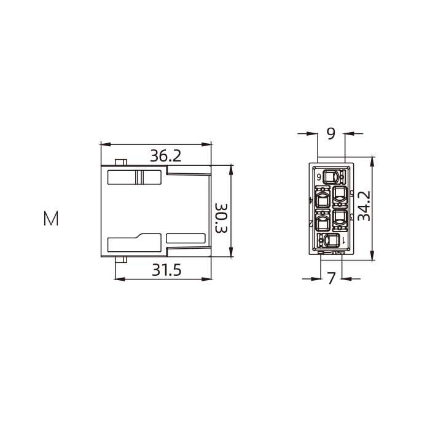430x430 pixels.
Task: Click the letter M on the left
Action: click(x=51, y=219)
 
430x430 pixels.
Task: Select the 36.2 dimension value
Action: click(x=166, y=156)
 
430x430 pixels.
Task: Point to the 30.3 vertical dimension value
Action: click(x=221, y=218)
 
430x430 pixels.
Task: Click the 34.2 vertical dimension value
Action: click(x=364, y=206)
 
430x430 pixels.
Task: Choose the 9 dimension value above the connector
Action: click(x=331, y=133)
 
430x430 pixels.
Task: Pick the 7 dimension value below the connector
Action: click(x=331, y=279)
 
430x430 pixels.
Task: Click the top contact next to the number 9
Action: click(x=332, y=176)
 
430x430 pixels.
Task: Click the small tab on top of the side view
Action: click(x=121, y=162)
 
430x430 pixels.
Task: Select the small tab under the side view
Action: click(x=121, y=259)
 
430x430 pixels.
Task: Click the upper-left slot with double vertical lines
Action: click(x=135, y=177)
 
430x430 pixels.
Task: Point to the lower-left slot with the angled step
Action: click(x=135, y=243)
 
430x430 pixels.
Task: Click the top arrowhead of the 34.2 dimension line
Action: click(x=373, y=160)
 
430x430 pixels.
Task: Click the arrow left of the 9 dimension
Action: click(x=313, y=133)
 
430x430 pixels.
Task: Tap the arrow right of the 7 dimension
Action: click(x=345, y=279)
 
